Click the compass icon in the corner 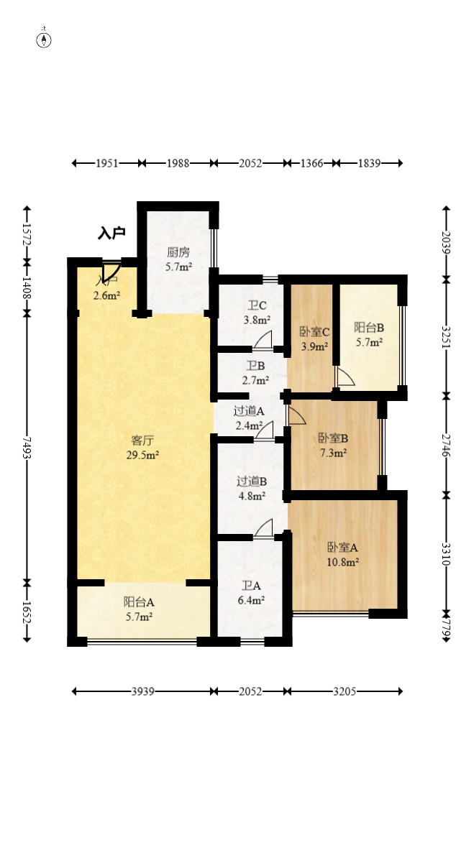44,39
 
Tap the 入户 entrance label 111,233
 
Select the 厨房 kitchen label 178,252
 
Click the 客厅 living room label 142,441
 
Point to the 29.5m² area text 142,455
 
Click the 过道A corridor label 249,411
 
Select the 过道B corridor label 252,481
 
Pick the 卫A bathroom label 252,586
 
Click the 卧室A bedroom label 343,548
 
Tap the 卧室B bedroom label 333,438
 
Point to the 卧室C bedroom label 315,332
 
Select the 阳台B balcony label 369,328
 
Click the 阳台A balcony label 139,602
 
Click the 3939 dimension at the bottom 143,691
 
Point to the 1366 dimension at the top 311,163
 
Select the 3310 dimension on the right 447,554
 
